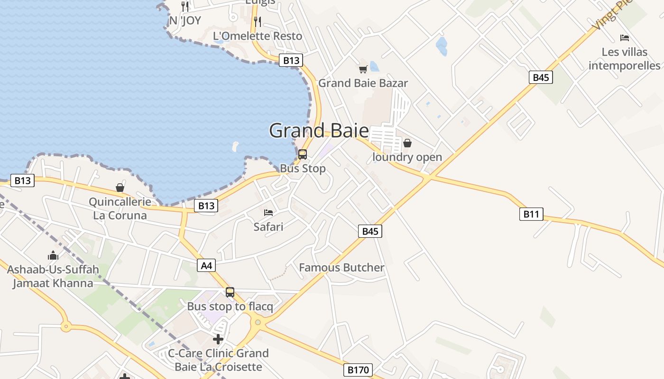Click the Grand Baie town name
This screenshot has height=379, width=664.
point(319,130)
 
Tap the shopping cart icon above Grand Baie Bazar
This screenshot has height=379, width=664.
point(363,70)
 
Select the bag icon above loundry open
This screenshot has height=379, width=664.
point(407,143)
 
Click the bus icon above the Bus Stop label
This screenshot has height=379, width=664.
point(302,154)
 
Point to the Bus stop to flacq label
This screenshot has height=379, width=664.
point(230,307)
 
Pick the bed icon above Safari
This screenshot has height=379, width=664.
point(268,213)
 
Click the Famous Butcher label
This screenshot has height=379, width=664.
point(341,268)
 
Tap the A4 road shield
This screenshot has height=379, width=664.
point(207,265)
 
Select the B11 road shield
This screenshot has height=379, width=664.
point(531,214)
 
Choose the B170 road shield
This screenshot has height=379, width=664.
point(358,370)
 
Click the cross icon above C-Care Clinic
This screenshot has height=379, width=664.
point(218,339)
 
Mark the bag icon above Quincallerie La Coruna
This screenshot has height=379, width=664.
point(120,188)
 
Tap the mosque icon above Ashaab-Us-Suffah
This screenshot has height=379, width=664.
point(53,256)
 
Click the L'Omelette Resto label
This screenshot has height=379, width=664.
point(258,36)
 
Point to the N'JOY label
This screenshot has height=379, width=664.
point(185,21)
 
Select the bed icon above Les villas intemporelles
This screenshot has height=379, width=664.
point(625,38)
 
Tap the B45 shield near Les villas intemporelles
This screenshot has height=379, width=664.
point(541,77)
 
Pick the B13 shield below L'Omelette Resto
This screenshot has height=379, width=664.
point(291,60)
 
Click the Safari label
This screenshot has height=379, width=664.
point(268,227)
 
